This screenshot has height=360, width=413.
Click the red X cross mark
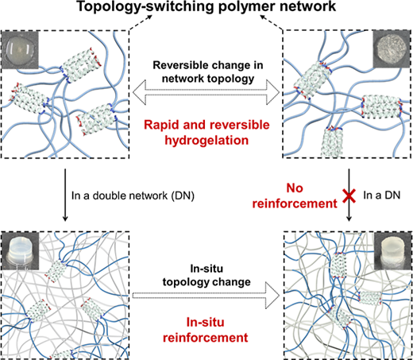(x=349, y=196)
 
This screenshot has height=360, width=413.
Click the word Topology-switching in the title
(x=145, y=6)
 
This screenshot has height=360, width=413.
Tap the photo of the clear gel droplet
(x=20, y=49)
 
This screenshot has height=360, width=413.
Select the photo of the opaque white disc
(x=392, y=49)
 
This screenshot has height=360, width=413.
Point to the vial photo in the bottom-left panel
(x=20, y=251)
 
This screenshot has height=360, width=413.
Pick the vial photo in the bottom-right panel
(x=392, y=251)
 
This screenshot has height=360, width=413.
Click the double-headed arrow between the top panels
(x=206, y=93)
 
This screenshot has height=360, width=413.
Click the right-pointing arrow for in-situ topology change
(x=206, y=296)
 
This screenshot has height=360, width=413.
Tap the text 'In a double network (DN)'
(x=133, y=195)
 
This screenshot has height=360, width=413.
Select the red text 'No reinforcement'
(x=295, y=195)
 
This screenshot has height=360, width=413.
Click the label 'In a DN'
(x=382, y=195)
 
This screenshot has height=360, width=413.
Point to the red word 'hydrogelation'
(x=206, y=140)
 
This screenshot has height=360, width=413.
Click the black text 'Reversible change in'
(x=208, y=65)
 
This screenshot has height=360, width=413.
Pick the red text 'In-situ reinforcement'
(x=206, y=330)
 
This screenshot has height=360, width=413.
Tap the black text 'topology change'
(x=206, y=282)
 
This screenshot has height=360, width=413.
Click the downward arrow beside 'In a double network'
(x=65, y=195)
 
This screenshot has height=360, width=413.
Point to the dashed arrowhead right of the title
(x=264, y=17)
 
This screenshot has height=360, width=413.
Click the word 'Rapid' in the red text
(x=161, y=125)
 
